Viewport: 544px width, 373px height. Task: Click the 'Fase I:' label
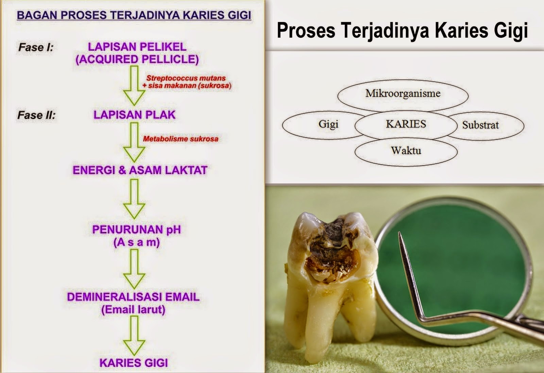tap(36, 47)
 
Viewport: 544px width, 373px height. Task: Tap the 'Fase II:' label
tap(36, 115)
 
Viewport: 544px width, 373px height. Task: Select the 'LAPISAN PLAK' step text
tap(135, 115)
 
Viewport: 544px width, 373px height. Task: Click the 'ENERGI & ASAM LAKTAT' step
tap(140, 170)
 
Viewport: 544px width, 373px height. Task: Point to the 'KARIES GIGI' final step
tap(134, 363)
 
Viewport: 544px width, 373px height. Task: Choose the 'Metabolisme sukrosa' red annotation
tap(181, 139)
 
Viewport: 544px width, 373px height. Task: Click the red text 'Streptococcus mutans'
tap(186, 78)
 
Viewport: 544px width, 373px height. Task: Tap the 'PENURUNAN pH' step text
tap(136, 230)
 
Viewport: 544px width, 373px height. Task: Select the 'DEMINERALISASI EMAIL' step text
tap(133, 297)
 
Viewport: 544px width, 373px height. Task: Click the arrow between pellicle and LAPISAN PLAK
tap(134, 85)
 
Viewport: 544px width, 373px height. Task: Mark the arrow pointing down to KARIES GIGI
tap(134, 335)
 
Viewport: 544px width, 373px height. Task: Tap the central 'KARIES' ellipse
tap(406, 124)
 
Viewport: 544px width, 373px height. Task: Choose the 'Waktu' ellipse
tap(406, 151)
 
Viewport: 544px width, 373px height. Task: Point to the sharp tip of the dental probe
tap(399, 234)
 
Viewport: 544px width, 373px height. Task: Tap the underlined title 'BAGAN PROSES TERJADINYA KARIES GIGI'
tap(134, 15)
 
